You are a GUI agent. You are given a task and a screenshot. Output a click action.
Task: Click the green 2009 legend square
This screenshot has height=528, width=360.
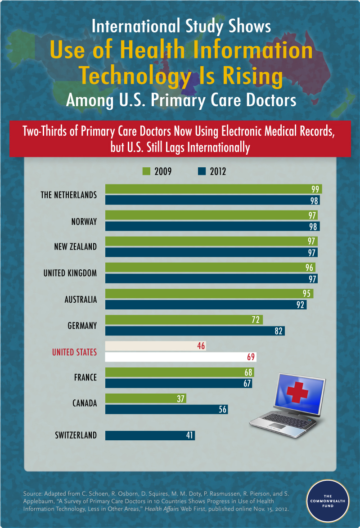pyautogui.click(x=146, y=171)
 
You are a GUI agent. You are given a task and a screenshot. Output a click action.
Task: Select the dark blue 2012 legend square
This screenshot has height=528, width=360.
pyautogui.click(x=202, y=171)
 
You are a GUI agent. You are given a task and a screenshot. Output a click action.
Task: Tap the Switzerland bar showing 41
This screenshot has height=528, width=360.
pyautogui.click(x=150, y=435)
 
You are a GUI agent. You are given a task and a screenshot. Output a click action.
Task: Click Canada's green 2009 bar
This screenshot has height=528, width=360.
pyautogui.click(x=146, y=398)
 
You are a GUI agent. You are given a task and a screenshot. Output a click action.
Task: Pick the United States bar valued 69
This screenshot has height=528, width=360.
pyautogui.click(x=180, y=357)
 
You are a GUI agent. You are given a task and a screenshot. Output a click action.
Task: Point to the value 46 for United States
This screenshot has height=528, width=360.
pyautogui.click(x=201, y=346)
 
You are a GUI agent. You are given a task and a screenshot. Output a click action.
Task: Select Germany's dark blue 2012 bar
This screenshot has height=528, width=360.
pyautogui.click(x=195, y=331)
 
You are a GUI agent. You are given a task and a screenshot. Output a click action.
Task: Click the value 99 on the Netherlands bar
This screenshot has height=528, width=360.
pyautogui.click(x=315, y=189)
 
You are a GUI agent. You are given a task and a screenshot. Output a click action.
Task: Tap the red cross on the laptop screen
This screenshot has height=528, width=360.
pyautogui.click(x=297, y=392)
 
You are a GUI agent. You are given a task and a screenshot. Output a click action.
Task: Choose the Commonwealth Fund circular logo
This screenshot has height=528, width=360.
pyautogui.click(x=328, y=501)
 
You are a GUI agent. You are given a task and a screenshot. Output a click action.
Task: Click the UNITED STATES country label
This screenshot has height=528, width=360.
pyautogui.click(x=74, y=352)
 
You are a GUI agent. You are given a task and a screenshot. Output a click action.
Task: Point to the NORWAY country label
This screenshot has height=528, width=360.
pyautogui.click(x=84, y=222)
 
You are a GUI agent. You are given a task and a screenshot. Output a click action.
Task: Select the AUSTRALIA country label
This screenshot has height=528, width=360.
pyautogui.click(x=81, y=300)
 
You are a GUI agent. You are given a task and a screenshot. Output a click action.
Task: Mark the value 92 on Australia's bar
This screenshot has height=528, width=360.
pyautogui.click(x=300, y=305)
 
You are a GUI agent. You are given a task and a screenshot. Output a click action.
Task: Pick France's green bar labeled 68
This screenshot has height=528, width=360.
pyautogui.click(x=180, y=372)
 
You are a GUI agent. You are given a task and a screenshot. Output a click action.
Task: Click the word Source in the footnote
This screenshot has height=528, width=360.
pyautogui.click(x=32, y=494)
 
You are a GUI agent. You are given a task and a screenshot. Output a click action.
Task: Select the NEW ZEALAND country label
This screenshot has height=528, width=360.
pyautogui.click(x=76, y=247)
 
